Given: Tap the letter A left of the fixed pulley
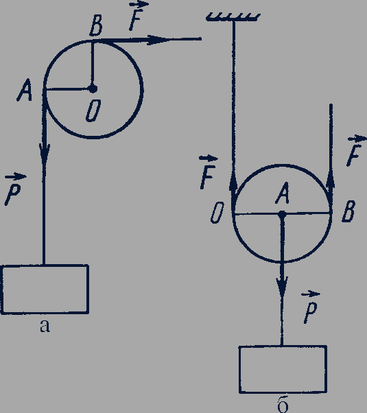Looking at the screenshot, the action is tap(24, 91).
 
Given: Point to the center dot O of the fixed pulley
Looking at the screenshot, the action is tap(93, 88).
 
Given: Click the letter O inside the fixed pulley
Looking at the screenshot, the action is tap(93, 111).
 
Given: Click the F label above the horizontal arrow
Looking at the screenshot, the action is tap(137, 16).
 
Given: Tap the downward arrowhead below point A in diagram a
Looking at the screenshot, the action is tap(45, 156).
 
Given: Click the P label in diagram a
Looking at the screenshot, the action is tap(14, 189).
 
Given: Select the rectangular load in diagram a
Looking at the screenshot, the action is tap(45, 290).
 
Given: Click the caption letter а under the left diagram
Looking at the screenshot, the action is tap(45, 326).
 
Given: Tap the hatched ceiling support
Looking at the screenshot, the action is tap(233, 17).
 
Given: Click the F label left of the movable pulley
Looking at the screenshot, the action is tap(208, 172).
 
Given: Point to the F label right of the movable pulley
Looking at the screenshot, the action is tap(355, 151).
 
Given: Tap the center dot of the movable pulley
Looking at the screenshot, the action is tap(282, 214).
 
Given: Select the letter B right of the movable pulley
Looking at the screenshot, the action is tap(348, 211).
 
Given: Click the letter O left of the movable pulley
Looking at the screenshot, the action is tap(217, 213).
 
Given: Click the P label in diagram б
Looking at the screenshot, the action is tap(310, 307).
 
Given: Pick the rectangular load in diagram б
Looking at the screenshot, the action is tap(283, 369).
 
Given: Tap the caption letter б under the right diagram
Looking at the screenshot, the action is tap(283, 405).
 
